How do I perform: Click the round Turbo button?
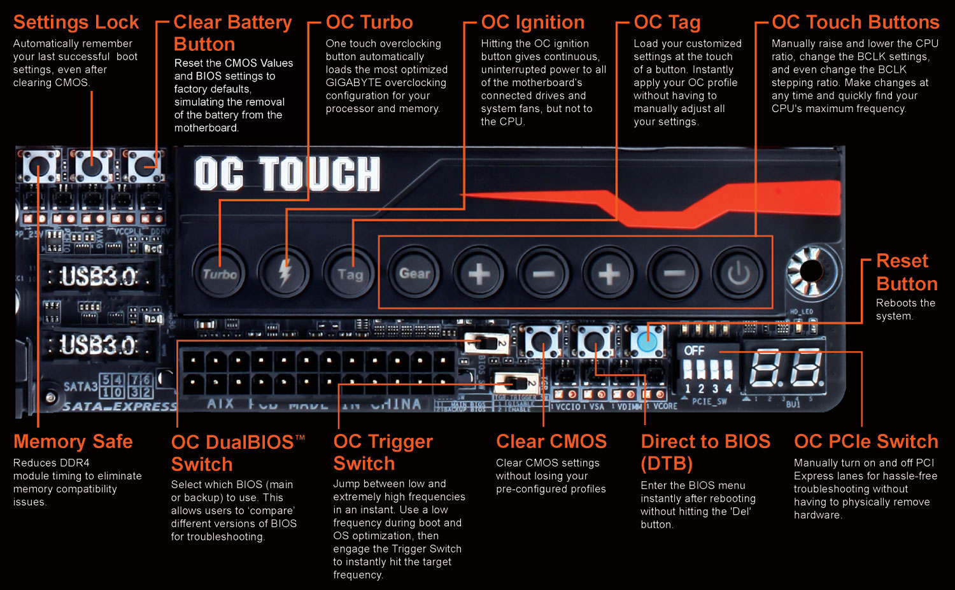(x=220, y=274)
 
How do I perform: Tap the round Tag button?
(x=350, y=274)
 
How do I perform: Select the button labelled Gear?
(x=414, y=274)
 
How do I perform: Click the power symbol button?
(x=739, y=274)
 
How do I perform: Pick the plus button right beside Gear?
(x=479, y=274)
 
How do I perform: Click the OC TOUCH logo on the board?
(x=287, y=174)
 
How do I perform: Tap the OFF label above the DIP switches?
(x=694, y=351)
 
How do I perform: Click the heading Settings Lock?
(x=76, y=22)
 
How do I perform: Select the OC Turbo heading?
(x=369, y=22)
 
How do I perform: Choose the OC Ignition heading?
(x=533, y=22)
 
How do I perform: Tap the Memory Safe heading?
(x=73, y=441)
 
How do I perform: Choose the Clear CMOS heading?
(x=551, y=441)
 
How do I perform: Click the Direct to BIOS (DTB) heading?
(x=705, y=452)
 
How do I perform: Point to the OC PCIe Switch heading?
(x=866, y=441)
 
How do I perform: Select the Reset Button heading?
(x=907, y=272)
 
